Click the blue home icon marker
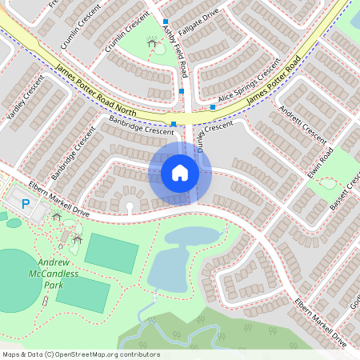180,172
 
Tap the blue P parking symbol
26,205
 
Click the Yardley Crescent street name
24,103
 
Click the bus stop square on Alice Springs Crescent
214,106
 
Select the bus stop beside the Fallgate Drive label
166,22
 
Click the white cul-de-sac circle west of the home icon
130,207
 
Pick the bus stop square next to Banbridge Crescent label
174,123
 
